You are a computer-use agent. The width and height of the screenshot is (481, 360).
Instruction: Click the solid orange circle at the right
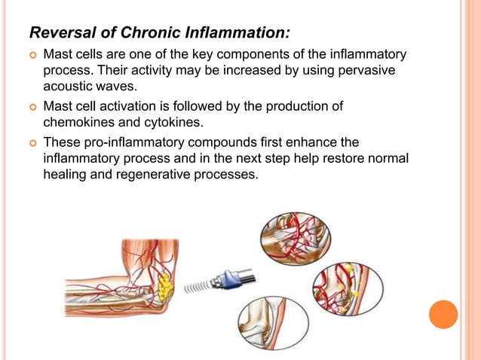(443, 313)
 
